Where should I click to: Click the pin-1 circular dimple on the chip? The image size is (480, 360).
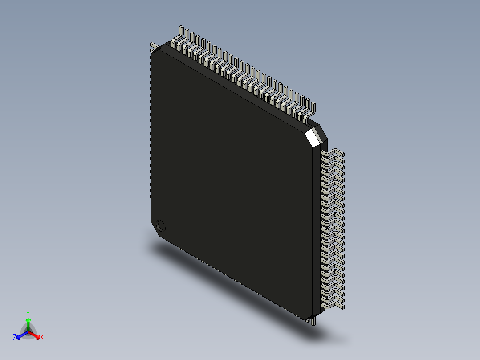point(161,226)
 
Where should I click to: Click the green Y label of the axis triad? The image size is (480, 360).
point(28,313)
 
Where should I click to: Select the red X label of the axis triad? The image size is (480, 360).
point(42,338)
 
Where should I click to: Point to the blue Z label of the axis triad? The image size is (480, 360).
point(15,338)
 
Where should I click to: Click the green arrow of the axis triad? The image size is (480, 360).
point(28,323)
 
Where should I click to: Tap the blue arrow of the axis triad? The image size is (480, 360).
point(20,335)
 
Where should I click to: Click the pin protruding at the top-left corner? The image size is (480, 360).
point(153,45)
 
